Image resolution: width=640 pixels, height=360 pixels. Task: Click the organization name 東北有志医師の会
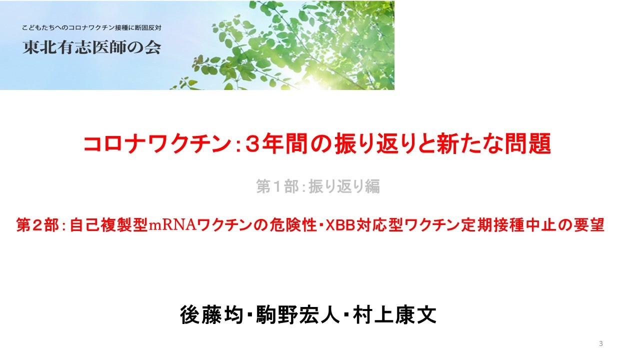pyautogui.click(x=91, y=47)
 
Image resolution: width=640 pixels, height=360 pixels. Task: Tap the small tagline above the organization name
pyautogui.click(x=91, y=27)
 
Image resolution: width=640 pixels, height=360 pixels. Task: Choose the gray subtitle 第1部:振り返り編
pyautogui.click(x=318, y=186)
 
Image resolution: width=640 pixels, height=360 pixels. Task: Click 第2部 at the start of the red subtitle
pyautogui.click(x=37, y=225)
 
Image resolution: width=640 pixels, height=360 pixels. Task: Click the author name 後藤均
pyautogui.click(x=211, y=315)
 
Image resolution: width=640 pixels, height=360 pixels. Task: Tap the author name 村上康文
pyautogui.click(x=394, y=315)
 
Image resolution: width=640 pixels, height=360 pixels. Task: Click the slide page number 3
pyautogui.click(x=601, y=343)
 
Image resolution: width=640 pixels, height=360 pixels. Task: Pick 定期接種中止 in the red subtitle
pyautogui.click(x=507, y=225)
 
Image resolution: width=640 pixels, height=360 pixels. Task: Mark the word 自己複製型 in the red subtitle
pyautogui.click(x=108, y=225)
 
